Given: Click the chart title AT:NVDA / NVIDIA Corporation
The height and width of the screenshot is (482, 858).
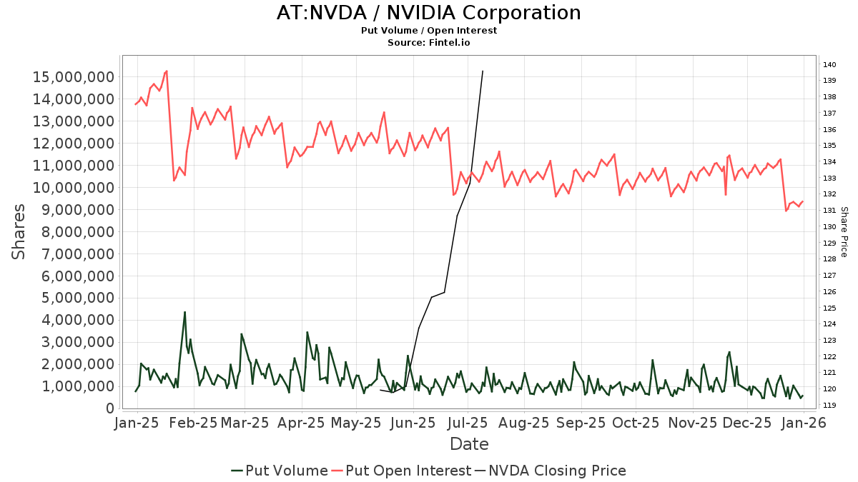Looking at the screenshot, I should pyautogui.click(x=429, y=13).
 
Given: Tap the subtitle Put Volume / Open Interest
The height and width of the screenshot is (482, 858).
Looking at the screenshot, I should pyautogui.click(x=429, y=31).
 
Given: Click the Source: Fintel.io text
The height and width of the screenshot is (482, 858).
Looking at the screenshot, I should pyautogui.click(x=429, y=43).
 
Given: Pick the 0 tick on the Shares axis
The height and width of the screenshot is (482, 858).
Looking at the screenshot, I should pyautogui.click(x=109, y=408).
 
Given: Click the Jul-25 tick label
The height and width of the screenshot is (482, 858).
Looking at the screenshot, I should pyautogui.click(x=469, y=423).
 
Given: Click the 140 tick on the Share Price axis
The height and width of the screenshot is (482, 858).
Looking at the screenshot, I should pyautogui.click(x=829, y=65).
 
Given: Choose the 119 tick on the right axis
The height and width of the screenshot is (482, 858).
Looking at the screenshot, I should pyautogui.click(x=829, y=405).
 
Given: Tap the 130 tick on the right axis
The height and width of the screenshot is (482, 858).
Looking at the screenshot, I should pyautogui.click(x=829, y=227).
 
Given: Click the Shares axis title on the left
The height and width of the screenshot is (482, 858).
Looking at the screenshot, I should pyautogui.click(x=19, y=231).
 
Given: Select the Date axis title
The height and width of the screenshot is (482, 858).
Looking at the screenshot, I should pyautogui.click(x=469, y=444).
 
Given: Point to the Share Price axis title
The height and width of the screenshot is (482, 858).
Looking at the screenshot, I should pyautogui.click(x=844, y=231).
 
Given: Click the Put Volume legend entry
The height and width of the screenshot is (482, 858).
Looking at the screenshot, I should pyautogui.click(x=280, y=471).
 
